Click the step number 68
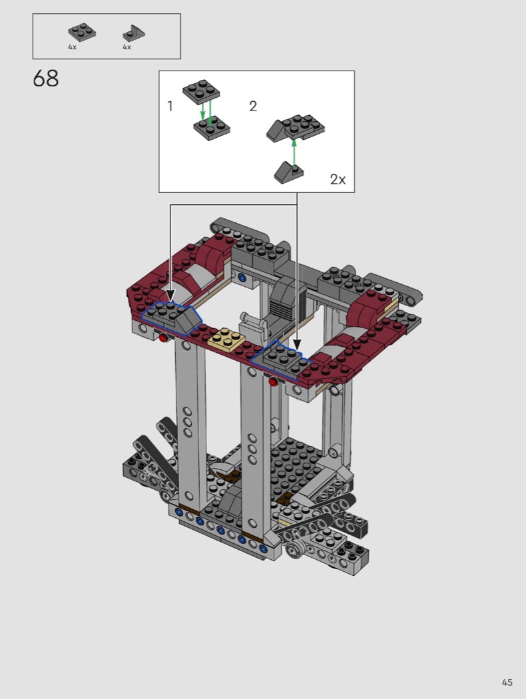click(x=45, y=79)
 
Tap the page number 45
click(x=507, y=682)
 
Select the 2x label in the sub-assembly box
click(x=338, y=179)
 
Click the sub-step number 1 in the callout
click(x=170, y=106)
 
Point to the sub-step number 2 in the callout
click(x=253, y=106)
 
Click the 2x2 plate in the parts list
click(x=82, y=31)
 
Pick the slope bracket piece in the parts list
click(x=134, y=33)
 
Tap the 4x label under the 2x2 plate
click(x=72, y=47)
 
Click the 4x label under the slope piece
click(x=127, y=47)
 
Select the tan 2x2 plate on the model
click(x=226, y=340)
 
